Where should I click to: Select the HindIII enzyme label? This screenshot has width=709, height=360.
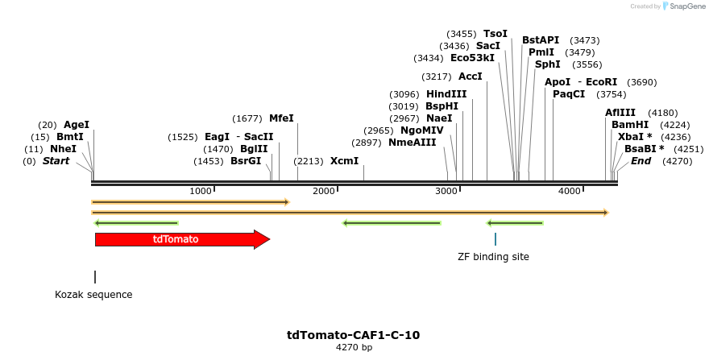click(446, 94)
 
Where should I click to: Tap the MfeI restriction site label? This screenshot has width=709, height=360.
click(281, 118)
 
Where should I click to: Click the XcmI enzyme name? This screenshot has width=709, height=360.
click(344, 161)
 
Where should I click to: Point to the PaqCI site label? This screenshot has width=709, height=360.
click(569, 94)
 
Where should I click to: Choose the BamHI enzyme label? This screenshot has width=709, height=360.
click(629, 125)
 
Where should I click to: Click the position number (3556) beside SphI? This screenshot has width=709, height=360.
click(587, 64)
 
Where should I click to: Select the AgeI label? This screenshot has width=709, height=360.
click(77, 125)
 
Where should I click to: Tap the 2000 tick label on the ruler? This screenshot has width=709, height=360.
click(323, 191)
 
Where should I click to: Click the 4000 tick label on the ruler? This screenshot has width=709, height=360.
click(570, 191)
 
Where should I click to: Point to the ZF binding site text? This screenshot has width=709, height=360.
click(494, 257)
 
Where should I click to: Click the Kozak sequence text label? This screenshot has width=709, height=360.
click(93, 295)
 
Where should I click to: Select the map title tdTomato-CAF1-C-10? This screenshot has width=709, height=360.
click(354, 335)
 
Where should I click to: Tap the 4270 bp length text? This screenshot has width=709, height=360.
click(354, 348)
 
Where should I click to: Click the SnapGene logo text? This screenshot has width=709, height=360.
click(685, 6)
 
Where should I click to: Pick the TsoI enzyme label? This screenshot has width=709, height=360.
click(495, 34)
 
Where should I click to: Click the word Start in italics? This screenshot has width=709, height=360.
click(56, 161)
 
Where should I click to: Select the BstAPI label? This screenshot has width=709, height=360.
click(541, 40)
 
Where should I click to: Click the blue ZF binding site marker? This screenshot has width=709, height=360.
click(495, 239)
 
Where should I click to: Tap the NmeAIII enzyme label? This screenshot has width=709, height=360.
click(412, 143)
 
